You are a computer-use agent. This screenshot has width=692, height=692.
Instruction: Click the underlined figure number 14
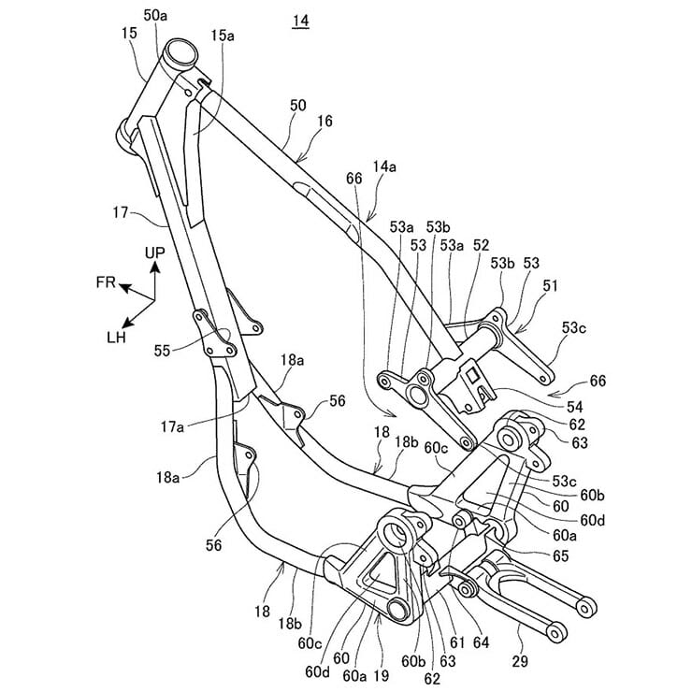click(x=300, y=22)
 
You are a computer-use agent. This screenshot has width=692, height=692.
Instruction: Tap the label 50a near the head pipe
click(x=155, y=15)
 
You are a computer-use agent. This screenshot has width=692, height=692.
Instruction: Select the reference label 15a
click(x=222, y=36)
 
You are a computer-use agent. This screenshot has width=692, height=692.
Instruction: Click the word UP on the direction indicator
click(x=155, y=252)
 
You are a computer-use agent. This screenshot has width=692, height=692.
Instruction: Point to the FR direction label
click(x=106, y=282)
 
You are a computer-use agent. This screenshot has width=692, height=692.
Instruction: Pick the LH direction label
click(x=117, y=338)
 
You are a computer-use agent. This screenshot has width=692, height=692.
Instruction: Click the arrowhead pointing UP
click(x=154, y=267)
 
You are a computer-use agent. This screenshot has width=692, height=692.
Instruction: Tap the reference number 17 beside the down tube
click(x=121, y=212)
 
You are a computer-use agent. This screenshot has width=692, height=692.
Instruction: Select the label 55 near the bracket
click(x=163, y=351)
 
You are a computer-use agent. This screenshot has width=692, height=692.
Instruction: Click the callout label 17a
click(x=172, y=426)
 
